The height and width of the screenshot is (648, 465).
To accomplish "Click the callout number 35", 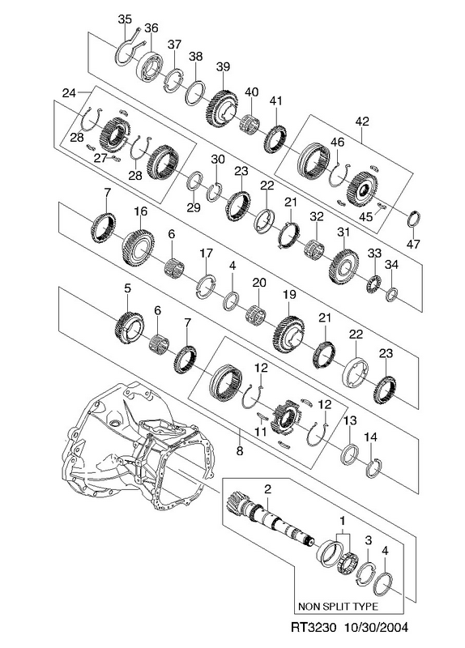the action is (125, 19).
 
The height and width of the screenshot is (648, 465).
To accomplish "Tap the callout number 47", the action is (413, 244).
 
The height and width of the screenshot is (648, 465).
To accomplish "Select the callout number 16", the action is (140, 211).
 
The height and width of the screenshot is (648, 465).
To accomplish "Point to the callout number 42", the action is (361, 122).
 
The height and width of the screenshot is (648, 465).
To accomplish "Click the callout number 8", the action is (240, 450).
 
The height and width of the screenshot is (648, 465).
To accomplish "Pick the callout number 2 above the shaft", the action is (267, 490).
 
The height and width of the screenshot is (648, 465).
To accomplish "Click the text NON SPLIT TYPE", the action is (338, 607).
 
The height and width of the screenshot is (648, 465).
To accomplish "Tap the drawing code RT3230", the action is (309, 627).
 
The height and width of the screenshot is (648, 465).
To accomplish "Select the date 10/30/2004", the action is (376, 627).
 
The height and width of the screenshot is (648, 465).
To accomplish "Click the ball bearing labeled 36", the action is (150, 66).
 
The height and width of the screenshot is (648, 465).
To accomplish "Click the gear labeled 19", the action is (289, 333).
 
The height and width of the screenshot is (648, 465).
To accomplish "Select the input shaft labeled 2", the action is (270, 519).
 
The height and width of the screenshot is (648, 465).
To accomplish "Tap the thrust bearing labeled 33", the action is (374, 283).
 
